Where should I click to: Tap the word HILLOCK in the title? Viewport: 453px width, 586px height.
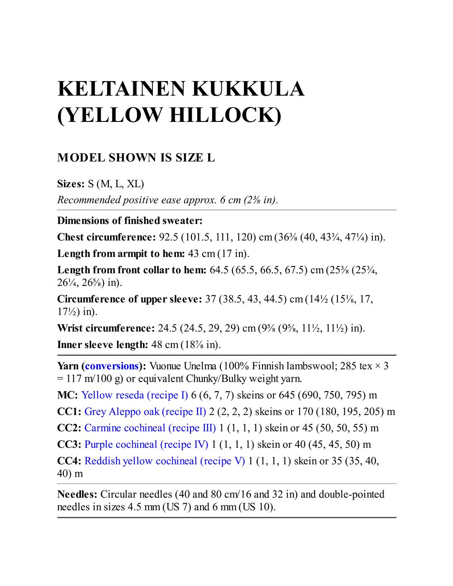pos(225,115)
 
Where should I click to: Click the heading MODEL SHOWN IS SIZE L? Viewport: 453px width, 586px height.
pos(136,158)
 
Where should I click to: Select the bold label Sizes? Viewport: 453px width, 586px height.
pos(71,184)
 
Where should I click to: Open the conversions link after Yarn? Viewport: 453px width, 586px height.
pos(112,366)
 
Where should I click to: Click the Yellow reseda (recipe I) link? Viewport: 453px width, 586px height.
pos(135,395)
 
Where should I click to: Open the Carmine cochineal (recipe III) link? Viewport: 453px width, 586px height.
pos(150,428)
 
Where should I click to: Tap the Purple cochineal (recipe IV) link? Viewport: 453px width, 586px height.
pos(146,445)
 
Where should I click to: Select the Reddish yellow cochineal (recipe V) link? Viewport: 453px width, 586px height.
pos(165,461)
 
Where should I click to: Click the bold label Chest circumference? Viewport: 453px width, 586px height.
pos(107,237)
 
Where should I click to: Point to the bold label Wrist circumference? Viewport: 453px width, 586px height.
pos(106,328)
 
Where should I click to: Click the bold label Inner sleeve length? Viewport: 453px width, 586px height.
pos(102,345)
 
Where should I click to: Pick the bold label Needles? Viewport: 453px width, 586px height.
pos(77,494)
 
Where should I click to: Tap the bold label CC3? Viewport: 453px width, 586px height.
pos(69,445)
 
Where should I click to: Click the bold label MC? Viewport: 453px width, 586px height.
pos(68,395)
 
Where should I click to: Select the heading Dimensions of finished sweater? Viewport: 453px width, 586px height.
pos(130,221)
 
